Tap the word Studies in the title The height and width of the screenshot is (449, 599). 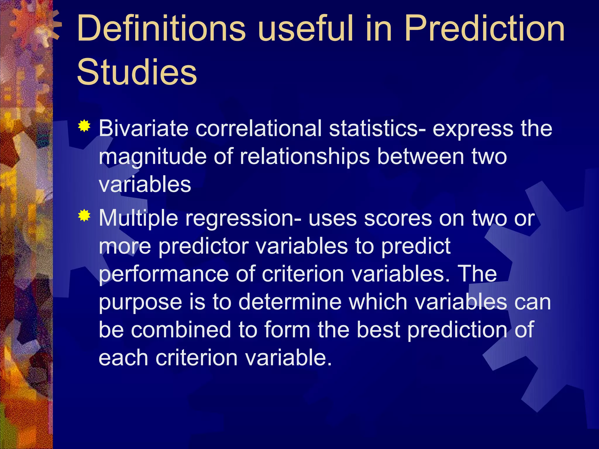tap(137, 72)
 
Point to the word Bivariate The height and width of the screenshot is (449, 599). tap(143, 128)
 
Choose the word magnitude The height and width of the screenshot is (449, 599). tap(152, 157)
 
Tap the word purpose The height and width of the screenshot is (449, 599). tap(140, 303)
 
